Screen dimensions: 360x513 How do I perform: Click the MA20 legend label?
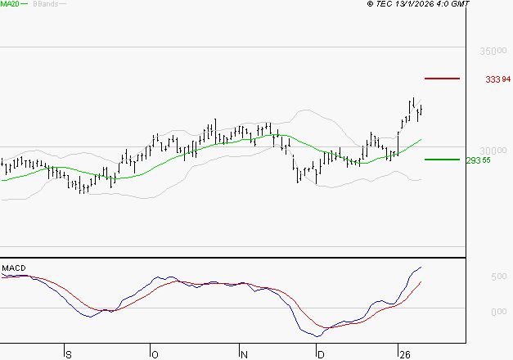[11, 4]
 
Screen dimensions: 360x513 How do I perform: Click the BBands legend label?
[45, 4]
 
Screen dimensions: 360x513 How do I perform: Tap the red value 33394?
[497, 79]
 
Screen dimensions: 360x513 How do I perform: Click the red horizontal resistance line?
[442, 78]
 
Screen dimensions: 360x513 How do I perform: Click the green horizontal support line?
[441, 160]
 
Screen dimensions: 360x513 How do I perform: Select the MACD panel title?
[14, 268]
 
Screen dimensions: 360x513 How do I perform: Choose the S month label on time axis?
[68, 353]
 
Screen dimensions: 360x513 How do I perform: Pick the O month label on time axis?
[155, 353]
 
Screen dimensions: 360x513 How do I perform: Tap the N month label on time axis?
[243, 353]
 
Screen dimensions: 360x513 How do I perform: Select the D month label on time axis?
[321, 353]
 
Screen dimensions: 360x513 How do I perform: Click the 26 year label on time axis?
[404, 353]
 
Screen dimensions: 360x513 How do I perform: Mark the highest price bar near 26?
[414, 105]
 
